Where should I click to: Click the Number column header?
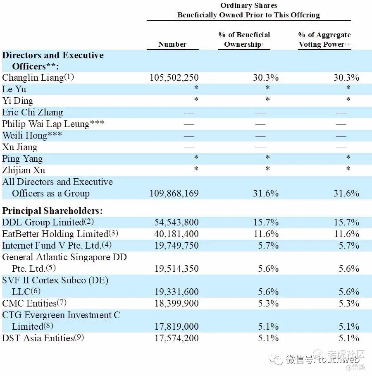[x=172, y=44]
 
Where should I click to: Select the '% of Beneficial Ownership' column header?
[x=244, y=40]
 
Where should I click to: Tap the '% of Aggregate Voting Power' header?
[x=324, y=40]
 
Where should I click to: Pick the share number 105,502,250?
[x=174, y=78]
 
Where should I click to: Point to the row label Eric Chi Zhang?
[x=33, y=113]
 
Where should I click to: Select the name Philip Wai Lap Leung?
[x=45, y=124]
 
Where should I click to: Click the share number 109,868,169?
[x=174, y=194]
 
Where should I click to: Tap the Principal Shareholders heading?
[x=52, y=211]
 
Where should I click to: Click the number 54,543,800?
[x=176, y=223]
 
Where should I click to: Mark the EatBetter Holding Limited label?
[x=55, y=234]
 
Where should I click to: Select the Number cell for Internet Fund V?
[x=176, y=246]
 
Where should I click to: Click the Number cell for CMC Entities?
[x=176, y=304]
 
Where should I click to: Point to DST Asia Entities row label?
[x=38, y=338]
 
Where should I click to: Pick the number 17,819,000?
[x=176, y=327]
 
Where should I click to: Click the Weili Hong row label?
[x=25, y=136]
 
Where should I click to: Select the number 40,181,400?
[x=176, y=234]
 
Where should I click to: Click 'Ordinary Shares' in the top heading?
[x=248, y=5]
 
